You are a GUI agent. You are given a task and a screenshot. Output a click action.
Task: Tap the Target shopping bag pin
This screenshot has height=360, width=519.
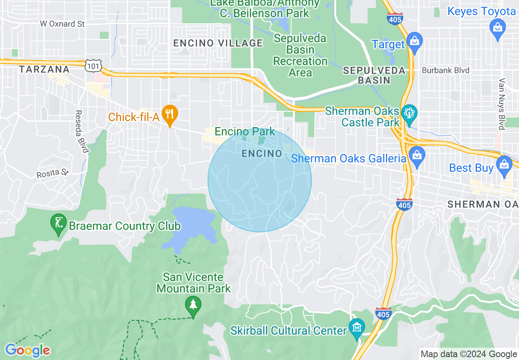click(414, 43)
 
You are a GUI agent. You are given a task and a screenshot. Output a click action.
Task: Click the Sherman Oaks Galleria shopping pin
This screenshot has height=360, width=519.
click(417, 157)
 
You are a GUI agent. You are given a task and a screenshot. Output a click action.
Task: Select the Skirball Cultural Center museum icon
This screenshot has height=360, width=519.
click(357, 328)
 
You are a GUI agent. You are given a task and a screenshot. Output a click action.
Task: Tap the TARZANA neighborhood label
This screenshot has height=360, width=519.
click(44, 70)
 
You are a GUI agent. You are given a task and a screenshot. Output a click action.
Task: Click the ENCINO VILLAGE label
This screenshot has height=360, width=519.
click(218, 43)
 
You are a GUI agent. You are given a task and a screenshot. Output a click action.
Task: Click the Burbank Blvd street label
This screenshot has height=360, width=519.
click(445, 70)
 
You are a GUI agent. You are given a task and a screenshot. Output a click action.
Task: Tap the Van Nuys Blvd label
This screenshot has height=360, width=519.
click(502, 104)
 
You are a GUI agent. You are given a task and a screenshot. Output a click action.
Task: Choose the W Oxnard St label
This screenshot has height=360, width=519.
click(62, 24)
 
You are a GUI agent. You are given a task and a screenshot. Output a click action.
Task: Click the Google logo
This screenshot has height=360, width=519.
click(27, 350)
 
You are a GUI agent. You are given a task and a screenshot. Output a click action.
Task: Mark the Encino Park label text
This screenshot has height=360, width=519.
click(245, 132)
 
